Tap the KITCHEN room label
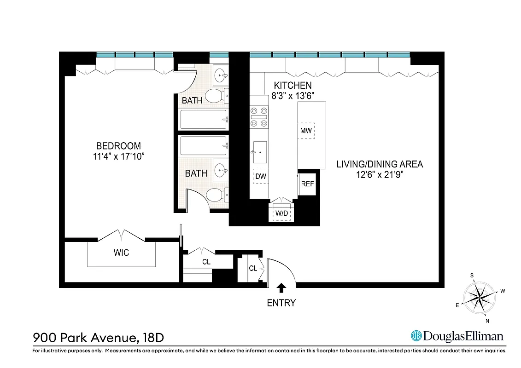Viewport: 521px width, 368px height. pyautogui.click(x=293, y=86)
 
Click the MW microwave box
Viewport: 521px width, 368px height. pyautogui.click(x=306, y=131)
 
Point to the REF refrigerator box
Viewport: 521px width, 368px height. pyautogui.click(x=307, y=184)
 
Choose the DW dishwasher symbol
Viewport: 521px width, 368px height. pyautogui.click(x=260, y=176)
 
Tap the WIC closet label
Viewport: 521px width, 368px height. pyautogui.click(x=121, y=253)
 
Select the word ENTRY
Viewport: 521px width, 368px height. pyautogui.click(x=281, y=303)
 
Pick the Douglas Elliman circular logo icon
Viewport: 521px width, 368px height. pyautogui.click(x=416, y=336)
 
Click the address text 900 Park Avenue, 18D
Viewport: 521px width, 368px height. pyautogui.click(x=98, y=338)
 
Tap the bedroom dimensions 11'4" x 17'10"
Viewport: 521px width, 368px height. pyautogui.click(x=118, y=156)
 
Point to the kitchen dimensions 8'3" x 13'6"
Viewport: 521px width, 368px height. pyautogui.click(x=293, y=96)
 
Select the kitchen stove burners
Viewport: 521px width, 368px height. pyautogui.click(x=258, y=117)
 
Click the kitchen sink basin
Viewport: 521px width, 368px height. pyautogui.click(x=259, y=152)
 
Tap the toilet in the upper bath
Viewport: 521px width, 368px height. pyautogui.click(x=214, y=96)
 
